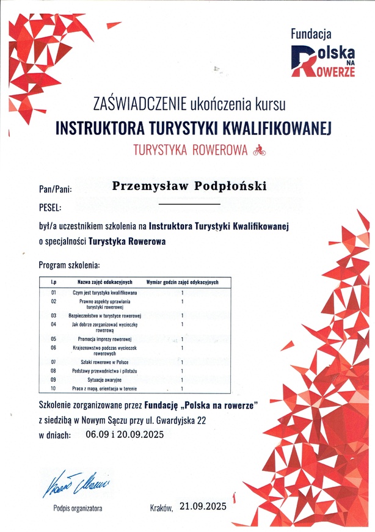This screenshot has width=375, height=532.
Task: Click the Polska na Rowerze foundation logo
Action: tap(323, 54)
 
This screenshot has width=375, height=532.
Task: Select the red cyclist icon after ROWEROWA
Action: tap(260, 148)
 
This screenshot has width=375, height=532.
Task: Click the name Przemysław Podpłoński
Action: tap(190, 186)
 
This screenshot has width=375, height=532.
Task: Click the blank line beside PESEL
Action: tap(189, 204)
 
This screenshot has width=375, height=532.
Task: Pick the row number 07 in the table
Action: tap(54, 362)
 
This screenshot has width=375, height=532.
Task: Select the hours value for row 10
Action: tap(182, 388)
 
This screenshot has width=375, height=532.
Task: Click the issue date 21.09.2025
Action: tap(203, 506)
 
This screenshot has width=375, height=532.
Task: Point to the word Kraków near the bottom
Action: tap(161, 507)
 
